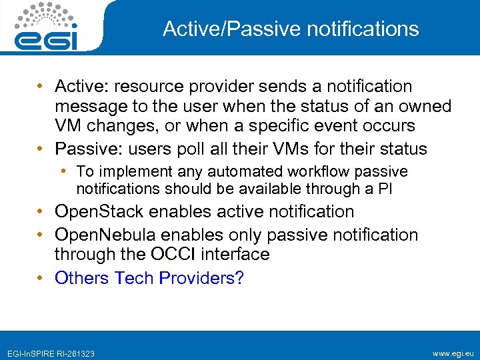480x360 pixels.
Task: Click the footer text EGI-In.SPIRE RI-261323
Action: tap(51, 353)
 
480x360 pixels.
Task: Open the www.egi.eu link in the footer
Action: tap(452, 353)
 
